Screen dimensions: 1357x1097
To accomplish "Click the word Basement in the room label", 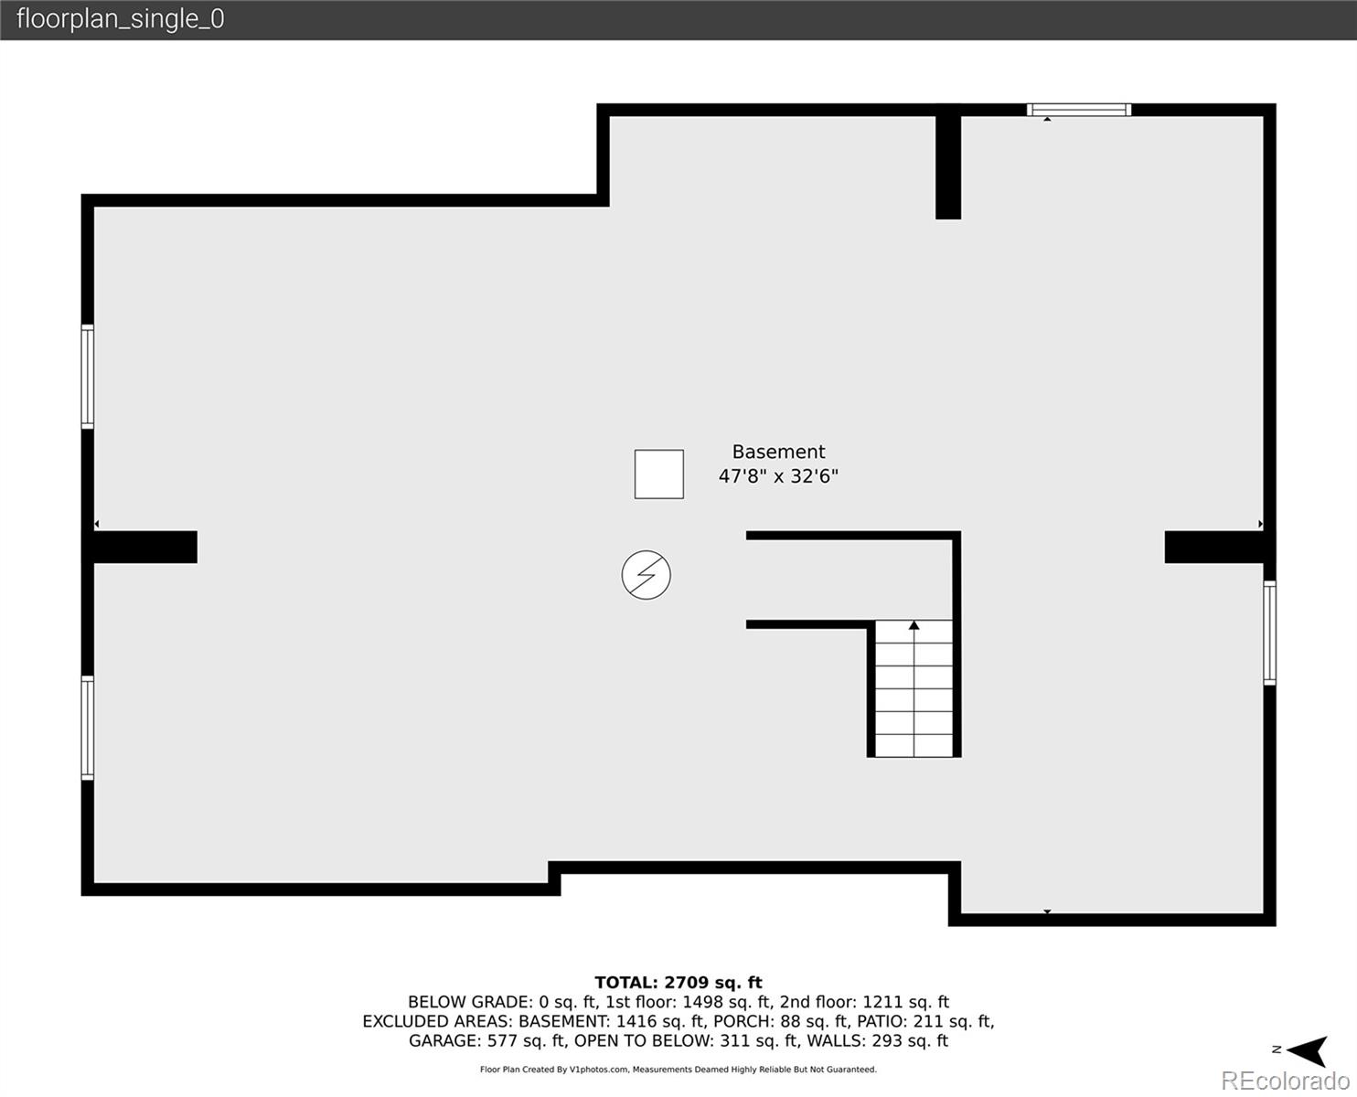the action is (x=778, y=452).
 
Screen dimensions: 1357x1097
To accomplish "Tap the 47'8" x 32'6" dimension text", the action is (x=778, y=476).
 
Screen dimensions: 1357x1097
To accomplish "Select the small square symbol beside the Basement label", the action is (x=658, y=474).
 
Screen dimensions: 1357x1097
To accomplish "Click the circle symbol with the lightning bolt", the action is (x=646, y=575).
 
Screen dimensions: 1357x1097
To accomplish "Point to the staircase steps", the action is (x=914, y=688).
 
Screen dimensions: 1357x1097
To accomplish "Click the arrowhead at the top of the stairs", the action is (x=914, y=625).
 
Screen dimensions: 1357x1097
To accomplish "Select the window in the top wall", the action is (x=1079, y=110).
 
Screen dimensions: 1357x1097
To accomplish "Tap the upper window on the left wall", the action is (x=87, y=377).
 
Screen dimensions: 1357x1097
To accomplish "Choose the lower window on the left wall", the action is (x=87, y=728).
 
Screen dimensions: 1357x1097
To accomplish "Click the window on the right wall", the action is (x=1270, y=633).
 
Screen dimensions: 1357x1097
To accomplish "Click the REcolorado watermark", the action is (x=1285, y=1080).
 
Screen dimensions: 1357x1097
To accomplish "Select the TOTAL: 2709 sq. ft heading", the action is (x=678, y=983).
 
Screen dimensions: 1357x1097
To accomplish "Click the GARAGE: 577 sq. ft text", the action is (x=487, y=1041).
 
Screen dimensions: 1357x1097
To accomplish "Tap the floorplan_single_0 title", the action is (x=121, y=19).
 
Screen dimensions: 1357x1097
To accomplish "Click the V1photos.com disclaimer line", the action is (x=678, y=1070).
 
